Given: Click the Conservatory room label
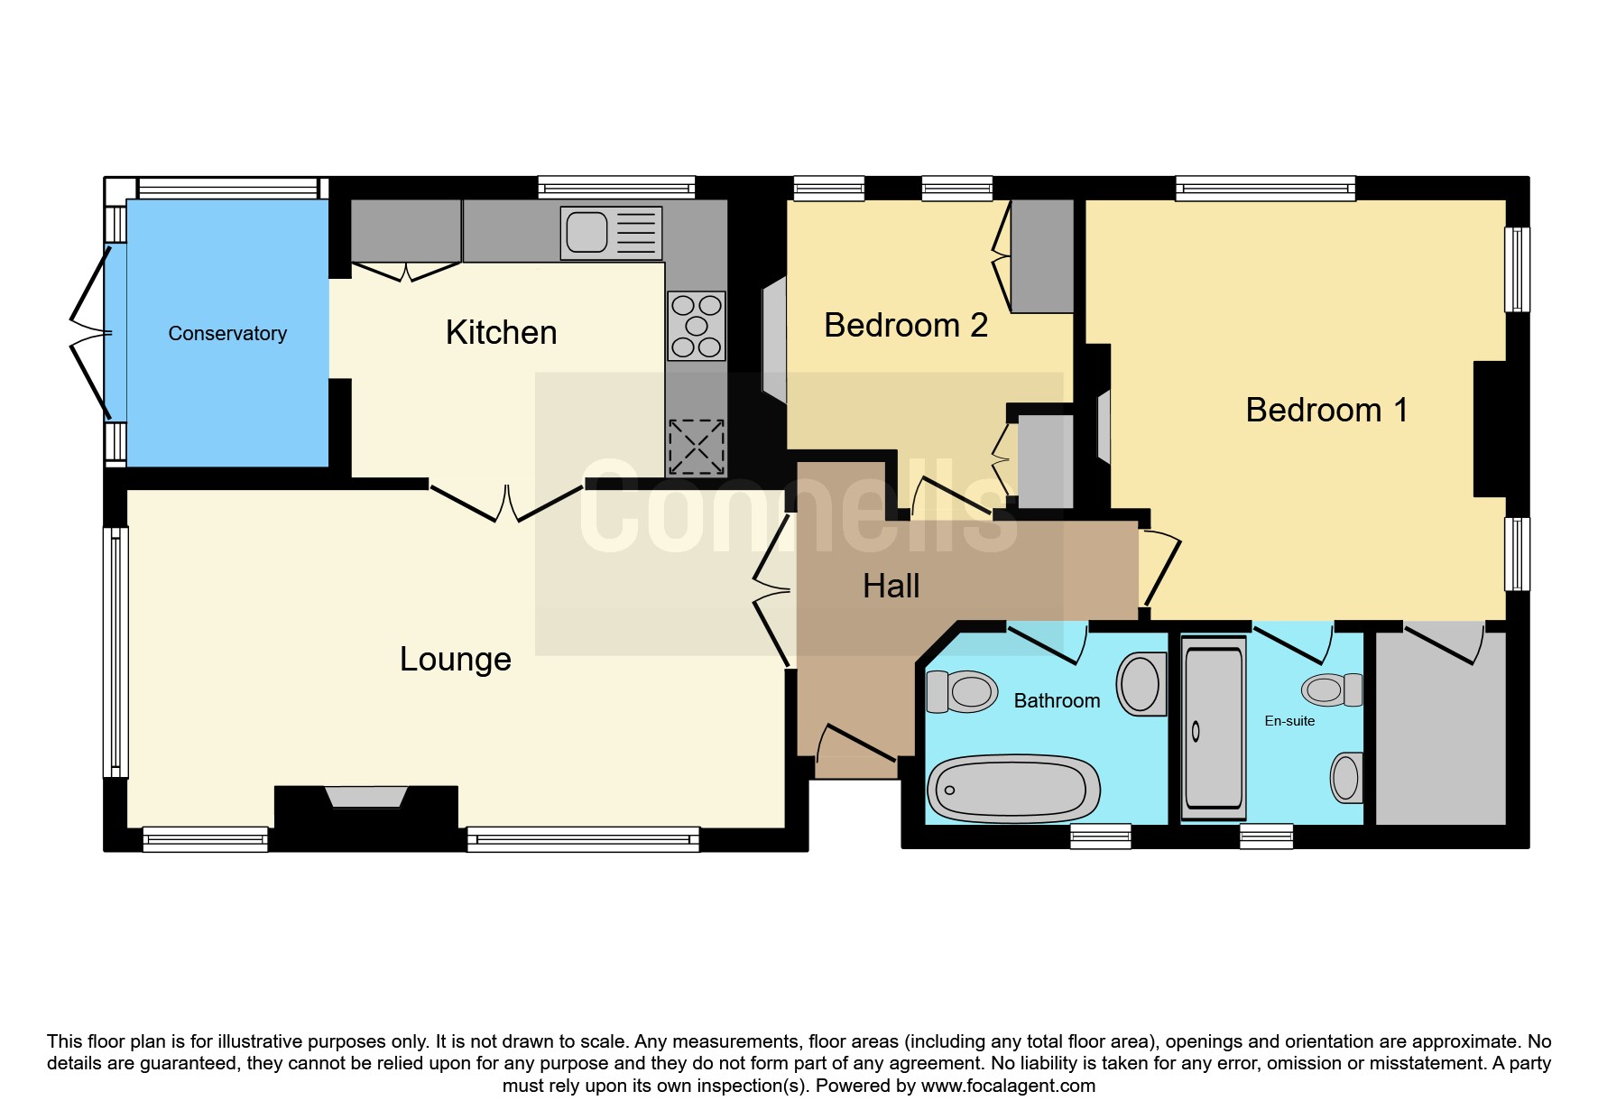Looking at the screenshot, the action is tap(227, 334).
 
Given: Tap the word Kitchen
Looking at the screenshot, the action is tap(501, 332).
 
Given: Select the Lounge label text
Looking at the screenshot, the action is tap(456, 660).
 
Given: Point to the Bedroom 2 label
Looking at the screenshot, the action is tap(906, 325).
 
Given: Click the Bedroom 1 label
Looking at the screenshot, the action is tap(1326, 410).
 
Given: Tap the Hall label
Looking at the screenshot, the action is tap(891, 586).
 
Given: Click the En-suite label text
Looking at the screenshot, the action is tap(1289, 721).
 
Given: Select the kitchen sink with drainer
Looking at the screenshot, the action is tap(611, 233).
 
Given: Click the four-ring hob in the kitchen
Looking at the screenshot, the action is tap(696, 326).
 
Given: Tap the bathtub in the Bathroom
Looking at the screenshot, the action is tap(1014, 788).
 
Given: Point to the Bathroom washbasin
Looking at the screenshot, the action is tap(1141, 683).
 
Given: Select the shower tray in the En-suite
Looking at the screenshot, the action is tap(1214, 727).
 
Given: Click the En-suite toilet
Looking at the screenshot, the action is tap(1332, 690).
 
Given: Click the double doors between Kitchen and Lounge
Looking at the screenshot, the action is tap(507, 504).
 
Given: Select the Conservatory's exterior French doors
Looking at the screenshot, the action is tap(91, 333).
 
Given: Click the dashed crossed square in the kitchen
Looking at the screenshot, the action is tap(696, 448).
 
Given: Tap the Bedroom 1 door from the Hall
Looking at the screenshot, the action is tap(1161, 569).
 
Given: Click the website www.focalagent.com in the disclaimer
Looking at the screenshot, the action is tap(1008, 1086).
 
